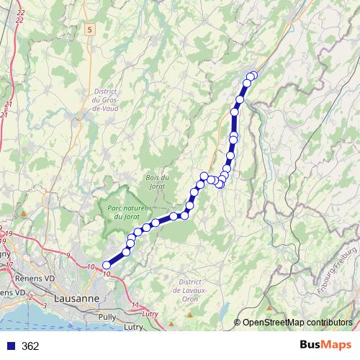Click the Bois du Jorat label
pyautogui.click(x=156, y=182)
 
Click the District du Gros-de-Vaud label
pyautogui.click(x=105, y=99)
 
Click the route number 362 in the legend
pyautogui.click(x=30, y=346)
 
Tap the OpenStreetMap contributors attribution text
pyautogui.click(x=297, y=322)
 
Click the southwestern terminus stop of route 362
pyautogui.click(x=107, y=265)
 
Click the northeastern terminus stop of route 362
pyautogui.click(x=253, y=76)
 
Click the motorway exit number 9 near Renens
pyautogui.click(x=68, y=256)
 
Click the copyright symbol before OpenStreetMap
pyautogui.click(x=238, y=322)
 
